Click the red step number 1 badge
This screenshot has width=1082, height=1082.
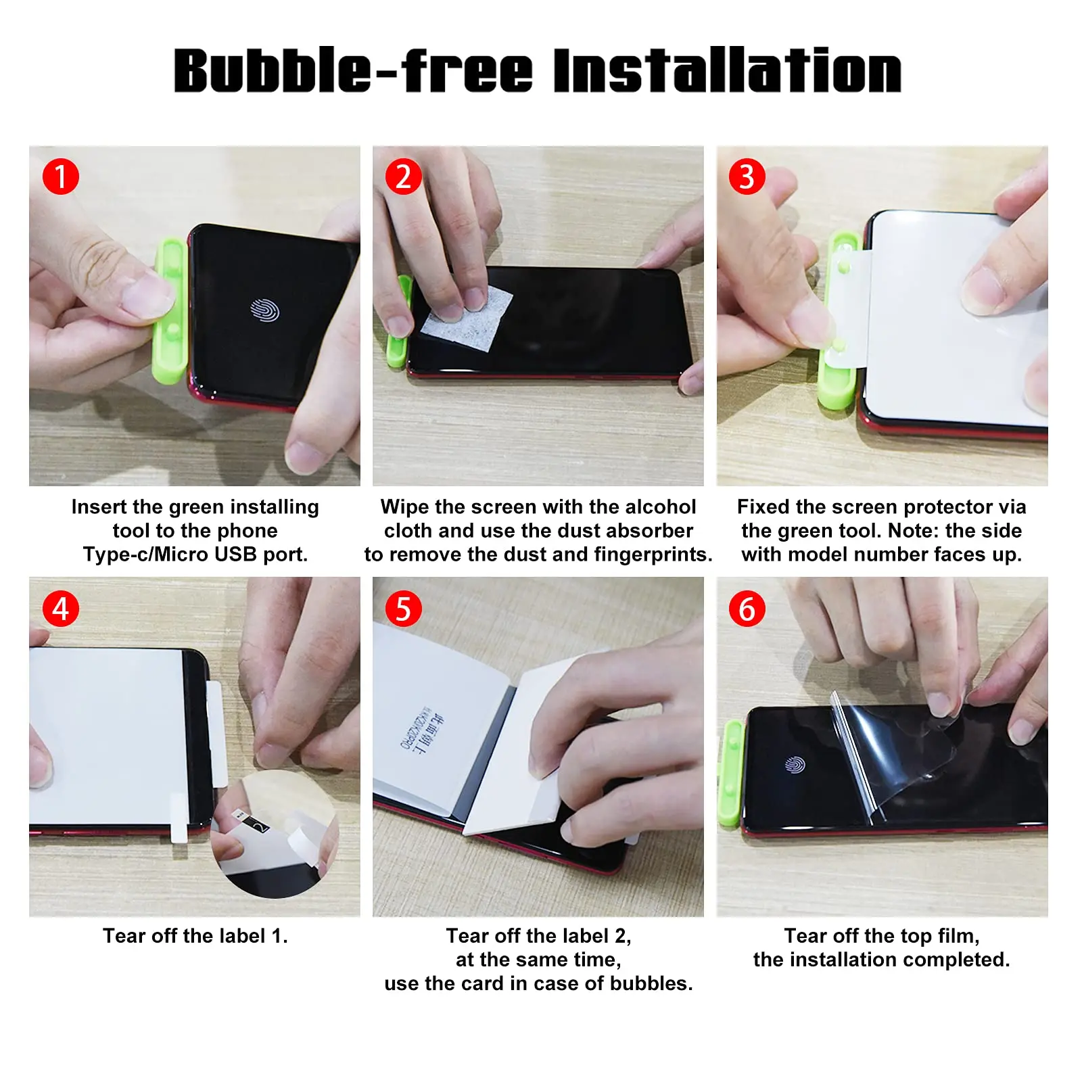61,177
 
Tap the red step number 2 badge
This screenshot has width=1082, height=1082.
404,177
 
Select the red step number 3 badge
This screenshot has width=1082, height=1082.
747,177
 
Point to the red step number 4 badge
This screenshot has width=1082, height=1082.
61,609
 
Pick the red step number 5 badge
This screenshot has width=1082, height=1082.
404,609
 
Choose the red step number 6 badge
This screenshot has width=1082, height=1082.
747,609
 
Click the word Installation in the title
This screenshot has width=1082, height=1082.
727,71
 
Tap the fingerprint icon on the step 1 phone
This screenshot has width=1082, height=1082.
264,310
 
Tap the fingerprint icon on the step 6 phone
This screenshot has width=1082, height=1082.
795,765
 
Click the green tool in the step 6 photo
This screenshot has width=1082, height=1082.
731,774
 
